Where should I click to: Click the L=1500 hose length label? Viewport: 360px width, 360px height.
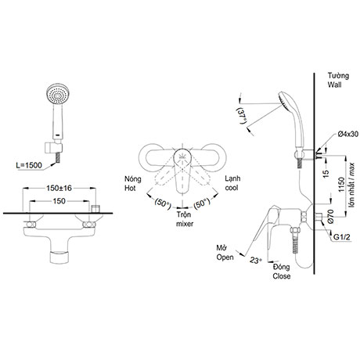point(29,165)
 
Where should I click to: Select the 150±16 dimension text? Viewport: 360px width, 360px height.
point(59,188)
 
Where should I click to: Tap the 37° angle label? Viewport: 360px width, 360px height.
point(242,116)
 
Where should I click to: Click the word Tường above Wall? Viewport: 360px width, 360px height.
point(338,76)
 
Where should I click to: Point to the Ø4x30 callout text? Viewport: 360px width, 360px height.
point(347,134)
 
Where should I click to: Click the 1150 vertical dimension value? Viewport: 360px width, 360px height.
point(341,184)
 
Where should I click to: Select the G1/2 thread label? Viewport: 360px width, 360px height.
point(342,237)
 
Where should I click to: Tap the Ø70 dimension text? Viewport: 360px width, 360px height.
point(331,217)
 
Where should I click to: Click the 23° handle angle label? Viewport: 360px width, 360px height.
point(256,260)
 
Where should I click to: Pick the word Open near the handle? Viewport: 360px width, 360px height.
point(225,257)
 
